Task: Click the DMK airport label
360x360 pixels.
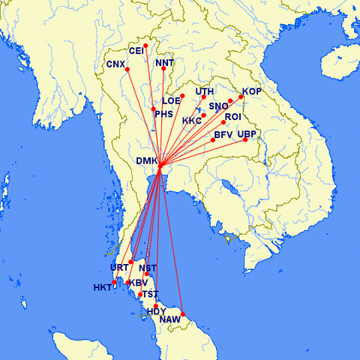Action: [x=147, y=160]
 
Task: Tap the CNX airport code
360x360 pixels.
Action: [x=115, y=64]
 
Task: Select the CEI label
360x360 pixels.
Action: [x=136, y=51]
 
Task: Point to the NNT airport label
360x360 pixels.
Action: [x=165, y=63]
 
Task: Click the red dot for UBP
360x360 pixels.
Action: [x=245, y=140]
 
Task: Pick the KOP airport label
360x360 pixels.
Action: [x=252, y=91]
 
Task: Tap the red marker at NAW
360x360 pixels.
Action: [x=183, y=314]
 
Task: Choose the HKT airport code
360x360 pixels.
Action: [x=102, y=288]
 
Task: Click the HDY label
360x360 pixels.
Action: [x=156, y=311]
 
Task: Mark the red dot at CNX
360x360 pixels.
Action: [x=127, y=70]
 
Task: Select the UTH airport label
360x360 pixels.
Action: [x=205, y=91]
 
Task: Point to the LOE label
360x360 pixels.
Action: [x=172, y=100]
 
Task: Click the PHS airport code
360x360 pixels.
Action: [x=164, y=114]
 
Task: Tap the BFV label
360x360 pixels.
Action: [x=223, y=135]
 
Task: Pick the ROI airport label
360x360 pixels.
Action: [x=232, y=117]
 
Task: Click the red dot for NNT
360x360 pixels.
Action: [x=163, y=69]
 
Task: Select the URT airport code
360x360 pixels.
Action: [x=119, y=268]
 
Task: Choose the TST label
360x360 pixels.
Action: [x=151, y=293]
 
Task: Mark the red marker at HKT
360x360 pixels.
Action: [x=114, y=283]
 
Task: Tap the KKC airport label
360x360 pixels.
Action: [x=192, y=120]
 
